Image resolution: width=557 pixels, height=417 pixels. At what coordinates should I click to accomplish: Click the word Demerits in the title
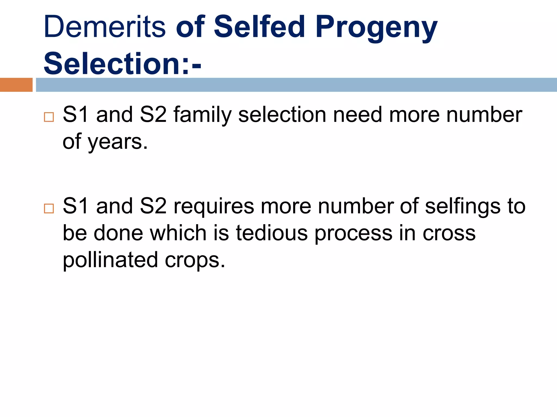(104, 27)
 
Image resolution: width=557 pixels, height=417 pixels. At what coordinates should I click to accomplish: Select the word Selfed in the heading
(259, 27)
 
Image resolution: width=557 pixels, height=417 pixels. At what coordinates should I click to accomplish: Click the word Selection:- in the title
(122, 64)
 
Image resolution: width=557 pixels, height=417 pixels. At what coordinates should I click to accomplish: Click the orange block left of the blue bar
(16, 85)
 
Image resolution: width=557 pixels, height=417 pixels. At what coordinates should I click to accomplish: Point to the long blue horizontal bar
(296, 85)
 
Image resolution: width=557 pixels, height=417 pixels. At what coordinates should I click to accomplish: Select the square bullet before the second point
(49, 208)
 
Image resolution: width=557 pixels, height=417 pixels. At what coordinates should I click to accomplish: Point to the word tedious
(272, 233)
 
